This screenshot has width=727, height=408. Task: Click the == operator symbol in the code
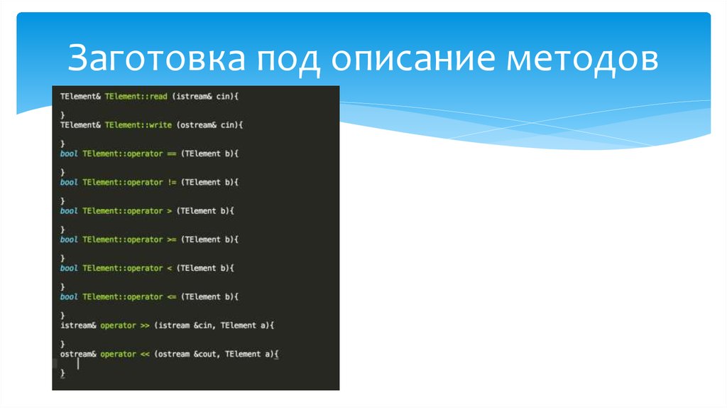(x=172, y=153)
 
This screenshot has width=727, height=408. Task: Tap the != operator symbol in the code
(x=172, y=182)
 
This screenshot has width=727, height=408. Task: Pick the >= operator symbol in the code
(x=172, y=240)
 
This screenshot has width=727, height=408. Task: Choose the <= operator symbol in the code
(x=172, y=296)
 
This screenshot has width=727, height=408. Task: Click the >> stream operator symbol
(x=144, y=325)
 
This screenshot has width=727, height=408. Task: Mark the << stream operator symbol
(x=144, y=353)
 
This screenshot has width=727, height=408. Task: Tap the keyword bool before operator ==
(x=69, y=153)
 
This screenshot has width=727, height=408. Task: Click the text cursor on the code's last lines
(x=77, y=364)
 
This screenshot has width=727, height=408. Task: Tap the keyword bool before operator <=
(x=69, y=296)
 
